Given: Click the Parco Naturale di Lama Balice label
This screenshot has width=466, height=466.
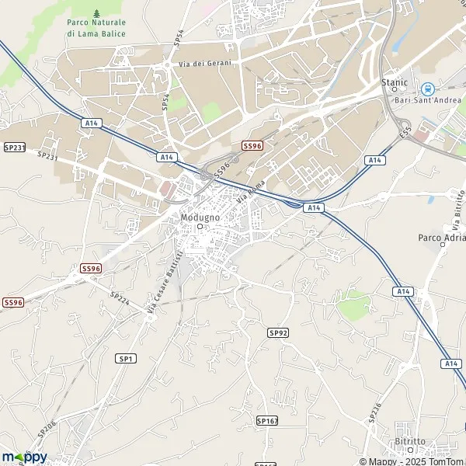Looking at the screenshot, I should (96, 28).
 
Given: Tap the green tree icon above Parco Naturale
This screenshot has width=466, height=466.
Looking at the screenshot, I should (96, 13).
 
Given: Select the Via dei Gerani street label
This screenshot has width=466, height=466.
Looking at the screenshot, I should (206, 63).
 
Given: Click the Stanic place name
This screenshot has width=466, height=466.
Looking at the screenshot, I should (394, 81).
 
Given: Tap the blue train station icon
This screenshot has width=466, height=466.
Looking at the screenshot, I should (426, 89).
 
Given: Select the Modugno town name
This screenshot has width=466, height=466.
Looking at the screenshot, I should (200, 217).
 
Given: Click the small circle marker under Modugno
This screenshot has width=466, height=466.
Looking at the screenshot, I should (200, 228).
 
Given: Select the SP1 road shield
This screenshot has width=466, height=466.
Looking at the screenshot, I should (127, 358).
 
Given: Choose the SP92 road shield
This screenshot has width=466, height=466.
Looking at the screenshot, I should (278, 332).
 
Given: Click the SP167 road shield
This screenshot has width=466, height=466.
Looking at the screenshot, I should (266, 420).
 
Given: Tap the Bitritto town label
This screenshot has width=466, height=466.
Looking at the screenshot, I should (409, 441).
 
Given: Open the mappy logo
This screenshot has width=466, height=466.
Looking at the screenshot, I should (24, 457).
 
